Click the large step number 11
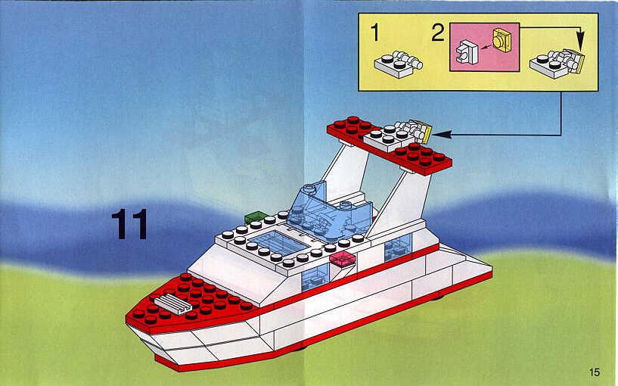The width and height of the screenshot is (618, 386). [129, 224]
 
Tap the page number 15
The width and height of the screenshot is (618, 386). [595, 372]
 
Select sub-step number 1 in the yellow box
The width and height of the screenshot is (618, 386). [375, 33]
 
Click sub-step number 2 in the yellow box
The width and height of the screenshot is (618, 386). [437, 33]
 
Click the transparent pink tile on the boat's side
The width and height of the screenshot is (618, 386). [343, 259]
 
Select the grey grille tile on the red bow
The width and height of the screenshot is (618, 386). [172, 305]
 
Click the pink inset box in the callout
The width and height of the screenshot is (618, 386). [484, 47]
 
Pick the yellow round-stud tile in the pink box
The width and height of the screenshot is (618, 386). [502, 40]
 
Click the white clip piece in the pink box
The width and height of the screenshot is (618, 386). [467, 52]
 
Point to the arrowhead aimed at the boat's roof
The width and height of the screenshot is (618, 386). [442, 135]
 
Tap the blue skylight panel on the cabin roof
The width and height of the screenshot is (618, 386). [279, 242]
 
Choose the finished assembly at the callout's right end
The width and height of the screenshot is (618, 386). [557, 64]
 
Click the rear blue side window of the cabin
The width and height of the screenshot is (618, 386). [398, 247]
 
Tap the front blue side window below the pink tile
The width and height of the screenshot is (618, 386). [315, 277]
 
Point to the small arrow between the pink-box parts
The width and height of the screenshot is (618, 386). [486, 47]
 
